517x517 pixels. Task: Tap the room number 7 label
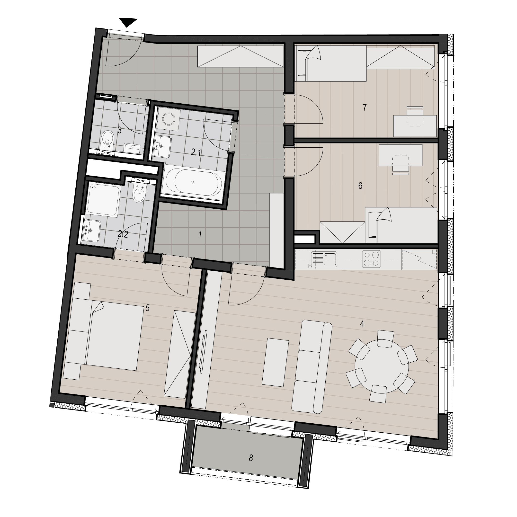(x=365, y=107)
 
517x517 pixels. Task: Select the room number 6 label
(x=360, y=186)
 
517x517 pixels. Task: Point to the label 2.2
(x=123, y=234)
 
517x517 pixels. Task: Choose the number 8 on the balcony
(x=251, y=466)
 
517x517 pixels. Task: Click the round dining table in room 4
(x=382, y=366)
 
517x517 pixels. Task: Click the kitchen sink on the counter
(x=324, y=259)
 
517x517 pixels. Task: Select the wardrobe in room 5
(x=179, y=354)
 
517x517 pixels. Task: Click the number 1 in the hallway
(x=200, y=235)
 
